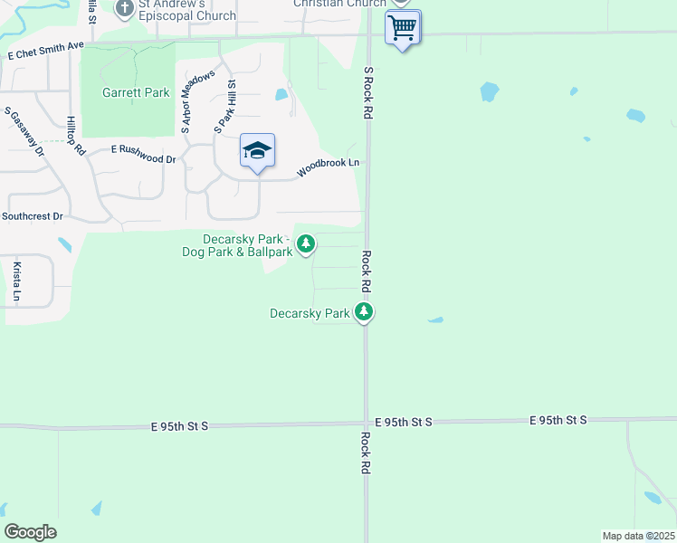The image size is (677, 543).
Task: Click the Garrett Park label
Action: pyautogui.click(x=136, y=92)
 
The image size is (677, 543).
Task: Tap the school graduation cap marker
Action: pyautogui.click(x=257, y=151)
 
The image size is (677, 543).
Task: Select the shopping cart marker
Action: pyautogui.click(x=402, y=27)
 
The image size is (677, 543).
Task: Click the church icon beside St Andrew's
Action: pyautogui.click(x=124, y=8)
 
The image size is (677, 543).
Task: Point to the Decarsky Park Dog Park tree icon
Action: pyautogui.click(x=307, y=243)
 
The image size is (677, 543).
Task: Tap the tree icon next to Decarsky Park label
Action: pyautogui.click(x=364, y=312)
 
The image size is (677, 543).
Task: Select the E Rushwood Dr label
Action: pyautogui.click(x=143, y=153)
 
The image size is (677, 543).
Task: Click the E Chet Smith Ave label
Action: pyautogui.click(x=45, y=50)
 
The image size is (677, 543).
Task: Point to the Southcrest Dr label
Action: pyautogui.click(x=33, y=216)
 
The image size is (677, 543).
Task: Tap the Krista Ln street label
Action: pyautogui.click(x=16, y=281)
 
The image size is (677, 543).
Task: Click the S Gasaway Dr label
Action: pyautogui.click(x=24, y=132)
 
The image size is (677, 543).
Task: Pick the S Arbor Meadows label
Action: pyautogui.click(x=197, y=102)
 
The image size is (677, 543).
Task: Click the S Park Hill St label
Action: pyautogui.click(x=224, y=107)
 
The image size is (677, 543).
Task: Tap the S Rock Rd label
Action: pyautogui.click(x=368, y=93)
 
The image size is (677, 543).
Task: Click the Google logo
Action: pyautogui.click(x=30, y=532)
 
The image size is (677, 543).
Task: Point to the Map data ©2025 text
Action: pyautogui.click(x=638, y=536)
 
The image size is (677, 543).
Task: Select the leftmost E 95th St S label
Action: pyautogui.click(x=180, y=424)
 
